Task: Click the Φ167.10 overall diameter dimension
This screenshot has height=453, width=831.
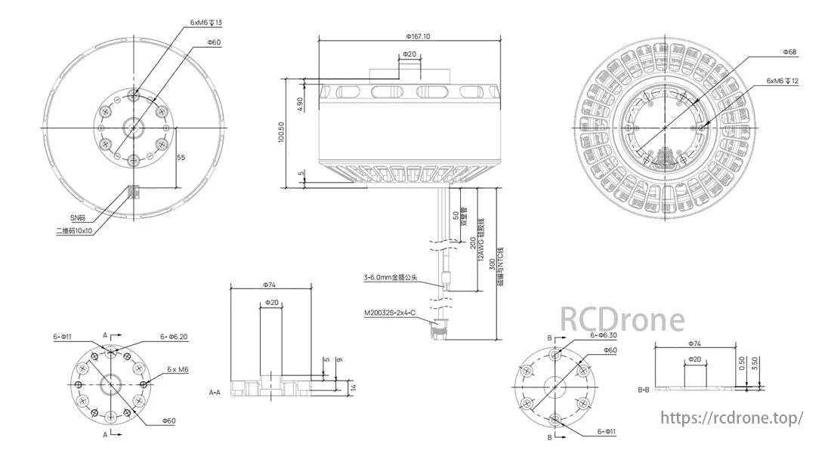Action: (418, 35)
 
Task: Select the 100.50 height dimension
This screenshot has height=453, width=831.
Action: (282, 133)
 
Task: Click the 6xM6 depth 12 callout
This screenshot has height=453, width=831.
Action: (783, 80)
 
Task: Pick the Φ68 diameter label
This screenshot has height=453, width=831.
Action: (790, 52)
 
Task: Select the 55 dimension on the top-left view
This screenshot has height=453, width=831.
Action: (181, 156)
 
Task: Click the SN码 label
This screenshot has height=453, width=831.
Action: (78, 217)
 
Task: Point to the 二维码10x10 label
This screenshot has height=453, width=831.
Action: (75, 231)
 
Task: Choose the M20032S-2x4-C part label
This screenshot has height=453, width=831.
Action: (389, 312)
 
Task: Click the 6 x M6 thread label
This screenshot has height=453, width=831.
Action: (178, 369)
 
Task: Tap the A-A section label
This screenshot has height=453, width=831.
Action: (215, 393)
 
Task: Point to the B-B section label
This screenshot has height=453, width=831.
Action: (644, 390)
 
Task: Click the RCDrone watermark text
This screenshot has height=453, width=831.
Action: (621, 319)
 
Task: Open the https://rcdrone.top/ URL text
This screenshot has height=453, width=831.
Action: (731, 418)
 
